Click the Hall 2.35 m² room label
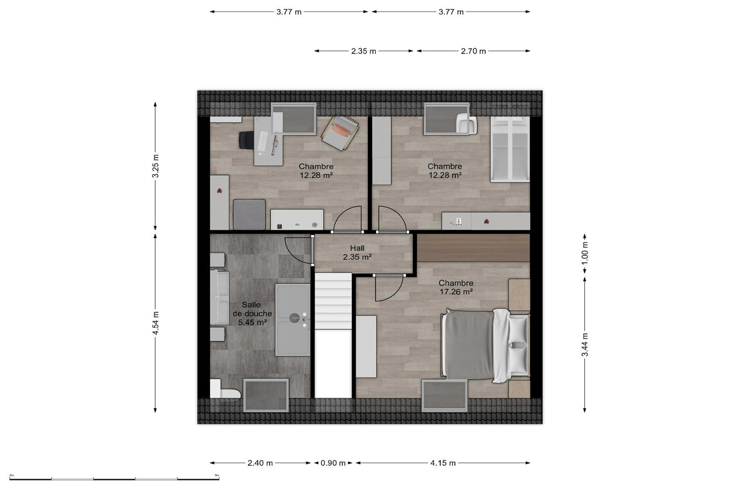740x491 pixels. pyautogui.click(x=357, y=252)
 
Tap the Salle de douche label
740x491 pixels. pyautogui.click(x=252, y=313)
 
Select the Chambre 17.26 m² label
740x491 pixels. pyautogui.click(x=456, y=287)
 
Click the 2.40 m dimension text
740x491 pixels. pyautogui.click(x=260, y=463)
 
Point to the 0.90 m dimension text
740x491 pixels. pyautogui.click(x=333, y=463)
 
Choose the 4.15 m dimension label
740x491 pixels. pyautogui.click(x=443, y=463)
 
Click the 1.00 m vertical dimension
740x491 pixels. pyautogui.click(x=585, y=253)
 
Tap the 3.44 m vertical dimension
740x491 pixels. pyautogui.click(x=585, y=345)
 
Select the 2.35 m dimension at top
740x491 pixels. pyautogui.click(x=363, y=51)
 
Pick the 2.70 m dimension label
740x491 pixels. pyautogui.click(x=473, y=51)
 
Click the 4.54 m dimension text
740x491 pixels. pyautogui.click(x=155, y=323)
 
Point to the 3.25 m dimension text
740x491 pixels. pyautogui.click(x=155, y=166)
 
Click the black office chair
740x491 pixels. pyautogui.click(x=246, y=140)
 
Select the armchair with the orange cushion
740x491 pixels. pyautogui.click(x=340, y=133)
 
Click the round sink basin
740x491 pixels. pyautogui.click(x=295, y=318)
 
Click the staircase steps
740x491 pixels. pyautogui.click(x=333, y=301)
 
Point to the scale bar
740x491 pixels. pyautogui.click(x=114, y=479)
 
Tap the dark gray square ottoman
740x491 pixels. pyautogui.click(x=249, y=214)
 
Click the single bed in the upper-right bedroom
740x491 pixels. pyautogui.click(x=510, y=149)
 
